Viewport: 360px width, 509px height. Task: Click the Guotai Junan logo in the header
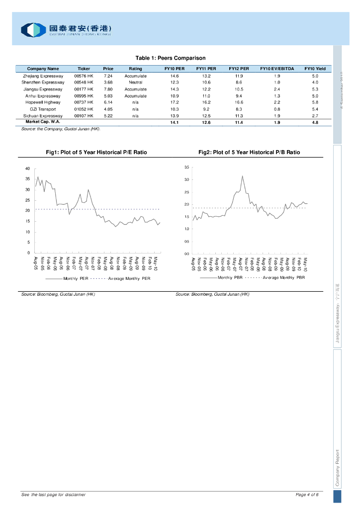point(66,30)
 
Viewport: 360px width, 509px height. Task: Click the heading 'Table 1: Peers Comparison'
point(171,58)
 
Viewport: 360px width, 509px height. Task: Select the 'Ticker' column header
point(84,69)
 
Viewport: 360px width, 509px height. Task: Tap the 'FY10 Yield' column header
point(315,69)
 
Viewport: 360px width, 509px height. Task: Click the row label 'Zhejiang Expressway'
point(43,76)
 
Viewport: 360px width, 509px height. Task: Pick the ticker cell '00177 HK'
point(84,89)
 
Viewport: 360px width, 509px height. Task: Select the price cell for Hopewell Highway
point(108,102)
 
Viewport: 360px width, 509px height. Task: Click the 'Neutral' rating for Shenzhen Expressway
point(135,82)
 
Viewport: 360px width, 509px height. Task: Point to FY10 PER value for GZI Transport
point(175,109)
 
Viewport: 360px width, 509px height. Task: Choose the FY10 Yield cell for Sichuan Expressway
point(315,115)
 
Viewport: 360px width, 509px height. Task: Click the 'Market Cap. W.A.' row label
point(39,122)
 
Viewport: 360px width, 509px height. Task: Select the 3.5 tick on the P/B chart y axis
point(186,167)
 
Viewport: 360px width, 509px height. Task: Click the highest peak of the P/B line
point(242,176)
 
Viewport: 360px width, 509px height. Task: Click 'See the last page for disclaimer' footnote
point(53,495)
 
